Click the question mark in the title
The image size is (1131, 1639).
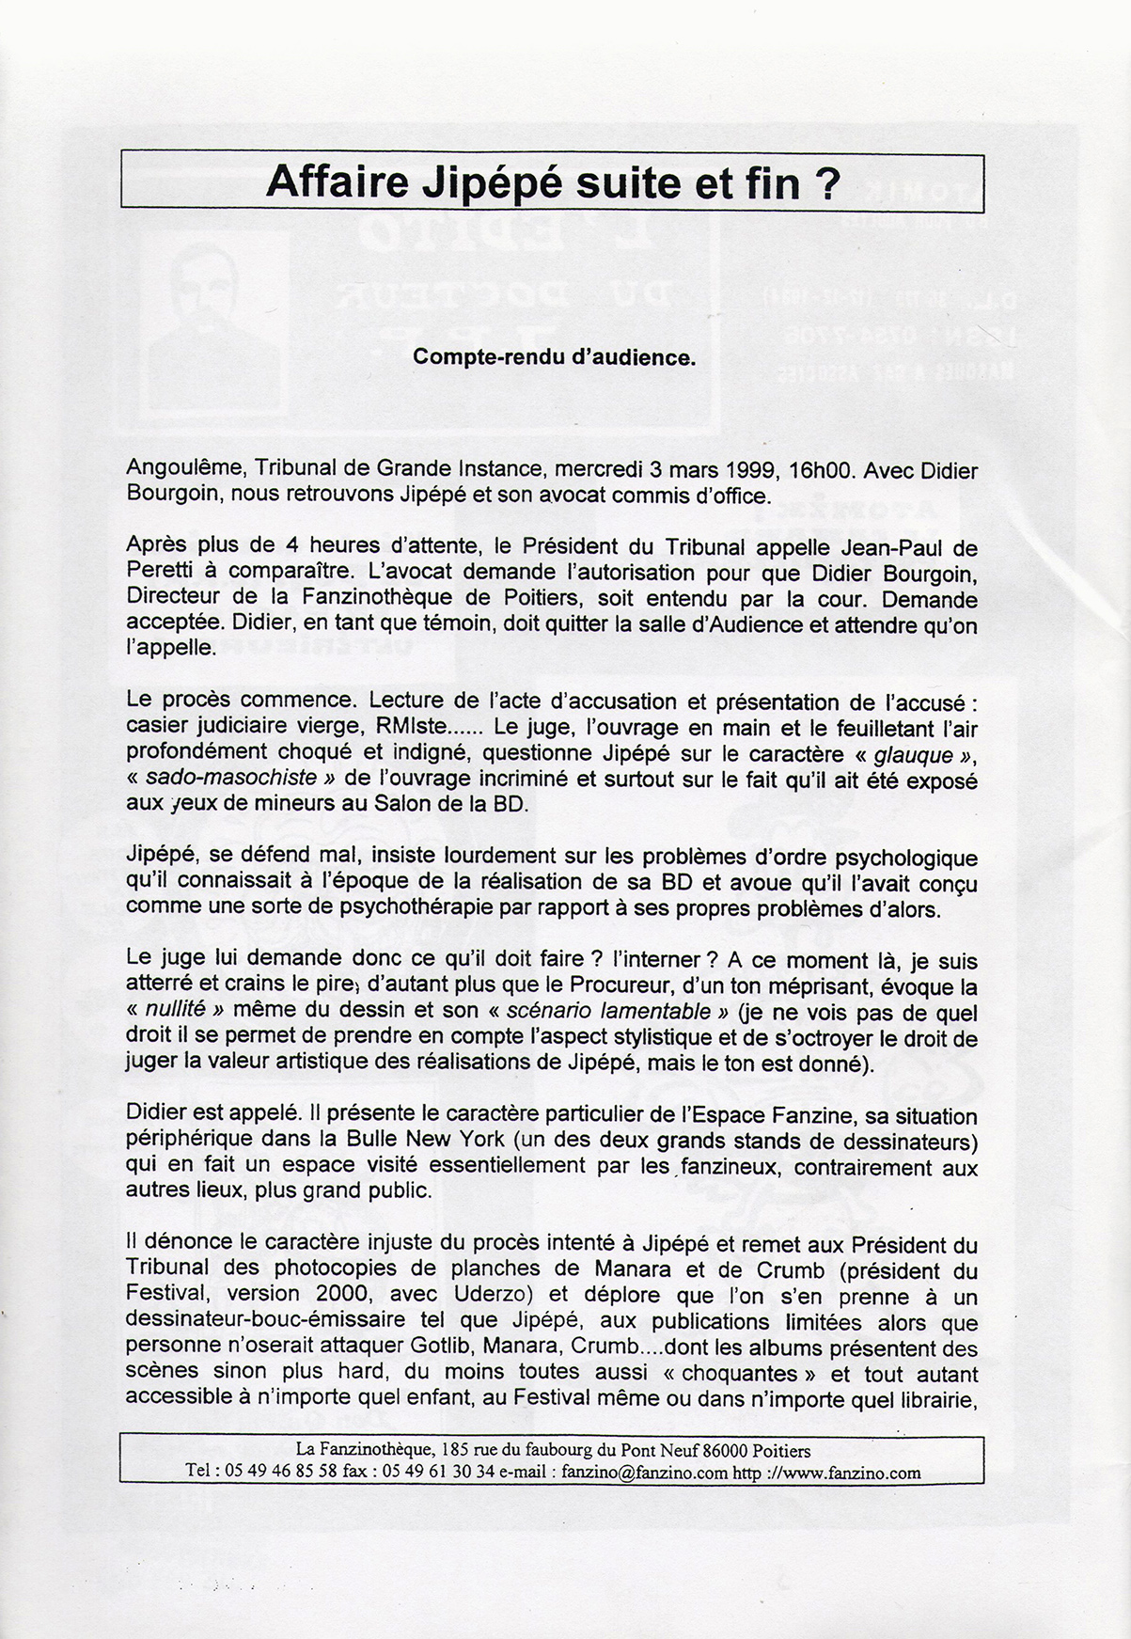825,181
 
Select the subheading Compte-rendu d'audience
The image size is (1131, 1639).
554,357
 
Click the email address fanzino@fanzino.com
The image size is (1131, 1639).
644,1472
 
